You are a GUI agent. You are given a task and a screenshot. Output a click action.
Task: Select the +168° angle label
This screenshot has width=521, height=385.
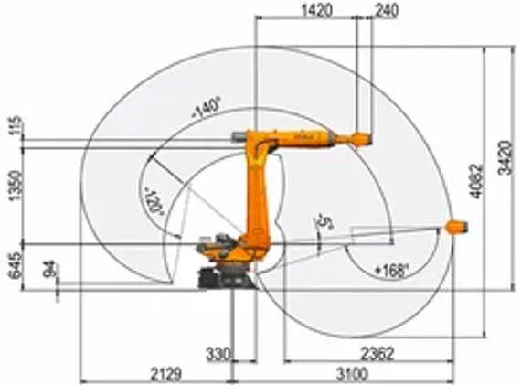click(390, 270)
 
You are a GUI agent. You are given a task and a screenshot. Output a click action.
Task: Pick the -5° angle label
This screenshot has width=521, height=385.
click(321, 222)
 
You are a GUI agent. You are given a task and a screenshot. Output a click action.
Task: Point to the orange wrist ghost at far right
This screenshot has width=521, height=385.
click(455, 223)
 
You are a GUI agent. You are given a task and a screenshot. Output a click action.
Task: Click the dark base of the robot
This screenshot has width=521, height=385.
click(224, 273)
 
